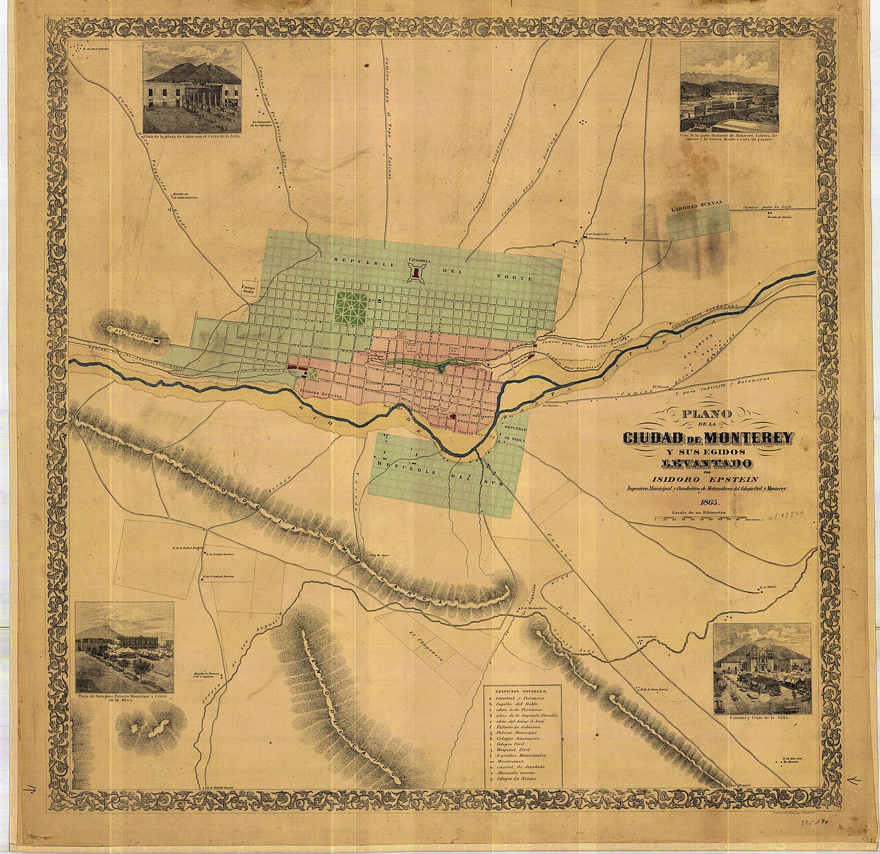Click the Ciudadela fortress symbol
(416, 273)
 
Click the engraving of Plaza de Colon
(192, 87)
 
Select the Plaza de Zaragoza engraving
(124, 647)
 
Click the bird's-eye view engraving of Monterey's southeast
(729, 87)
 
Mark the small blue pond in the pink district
(440, 369)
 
